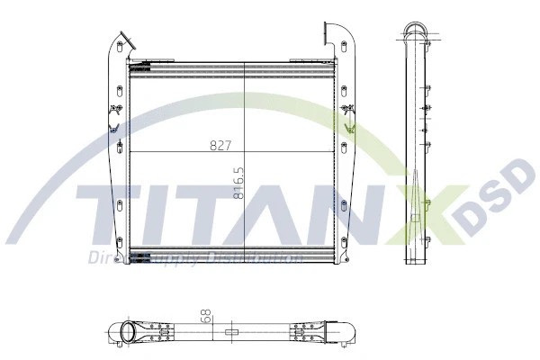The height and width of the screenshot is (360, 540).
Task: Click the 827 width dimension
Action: click(220, 144)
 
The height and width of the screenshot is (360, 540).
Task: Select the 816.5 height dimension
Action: click(238, 182)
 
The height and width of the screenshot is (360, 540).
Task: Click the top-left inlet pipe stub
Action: click(125, 41)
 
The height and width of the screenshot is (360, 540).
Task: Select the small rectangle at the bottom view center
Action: click(231, 332)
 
